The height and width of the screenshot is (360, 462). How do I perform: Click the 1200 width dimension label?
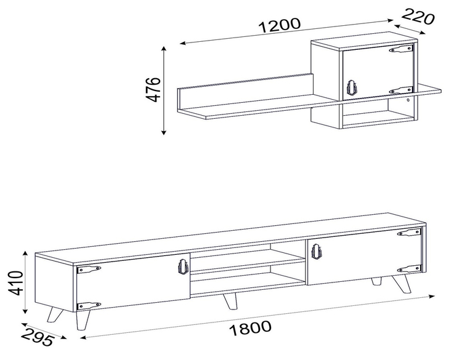(280, 25)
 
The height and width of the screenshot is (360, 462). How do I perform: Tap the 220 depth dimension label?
(418, 17)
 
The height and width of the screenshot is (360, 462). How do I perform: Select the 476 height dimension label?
(153, 89)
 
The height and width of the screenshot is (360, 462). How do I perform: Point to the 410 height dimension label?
(15, 283)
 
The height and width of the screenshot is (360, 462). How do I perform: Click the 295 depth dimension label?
(38, 337)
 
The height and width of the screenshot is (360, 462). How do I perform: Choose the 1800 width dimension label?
(250, 328)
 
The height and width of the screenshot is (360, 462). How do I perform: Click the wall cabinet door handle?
(352, 87)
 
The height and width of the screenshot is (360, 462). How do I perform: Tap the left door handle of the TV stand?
(183, 266)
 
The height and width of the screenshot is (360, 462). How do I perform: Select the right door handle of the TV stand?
(317, 252)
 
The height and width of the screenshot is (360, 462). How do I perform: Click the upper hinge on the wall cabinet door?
(401, 49)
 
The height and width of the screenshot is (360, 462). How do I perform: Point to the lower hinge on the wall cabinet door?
(401, 90)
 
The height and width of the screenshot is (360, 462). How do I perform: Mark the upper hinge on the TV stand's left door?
(89, 269)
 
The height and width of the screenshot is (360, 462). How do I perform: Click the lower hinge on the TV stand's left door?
(89, 306)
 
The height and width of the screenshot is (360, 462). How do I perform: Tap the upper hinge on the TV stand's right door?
(409, 233)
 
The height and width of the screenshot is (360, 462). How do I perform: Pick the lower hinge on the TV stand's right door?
(409, 269)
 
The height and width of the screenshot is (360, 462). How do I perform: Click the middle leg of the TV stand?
(230, 301)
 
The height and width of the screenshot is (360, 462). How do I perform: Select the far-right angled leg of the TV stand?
(401, 284)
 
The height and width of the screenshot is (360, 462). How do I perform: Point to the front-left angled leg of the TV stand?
(55, 314)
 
